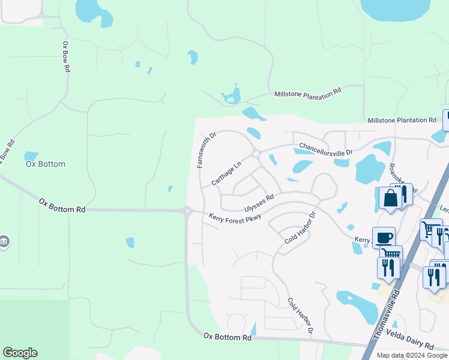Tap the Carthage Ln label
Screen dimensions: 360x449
coord(226,173)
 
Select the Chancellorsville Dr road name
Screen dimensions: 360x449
coord(326,148)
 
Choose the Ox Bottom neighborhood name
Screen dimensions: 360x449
coord(45,164)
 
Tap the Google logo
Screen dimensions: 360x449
coord(20,353)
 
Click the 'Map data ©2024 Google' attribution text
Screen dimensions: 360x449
coord(412,355)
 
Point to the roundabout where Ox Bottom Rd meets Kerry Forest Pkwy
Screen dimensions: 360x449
coord(187,211)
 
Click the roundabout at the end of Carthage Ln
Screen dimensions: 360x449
coord(256,154)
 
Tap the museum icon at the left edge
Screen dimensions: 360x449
coord(4,241)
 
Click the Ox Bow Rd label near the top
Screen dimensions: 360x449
coord(65,58)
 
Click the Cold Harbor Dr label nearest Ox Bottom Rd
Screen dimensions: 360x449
coord(300,316)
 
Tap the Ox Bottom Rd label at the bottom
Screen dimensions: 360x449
coord(227,338)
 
